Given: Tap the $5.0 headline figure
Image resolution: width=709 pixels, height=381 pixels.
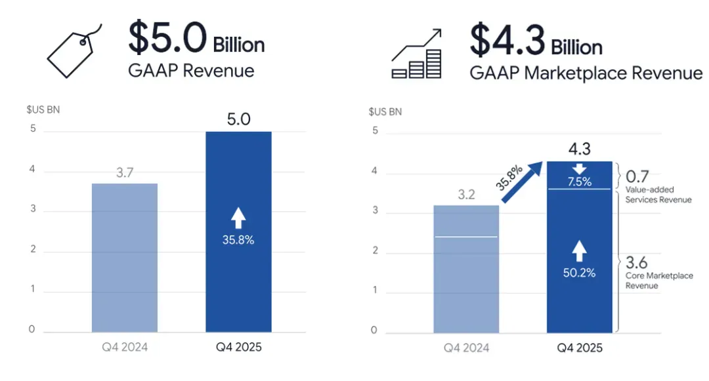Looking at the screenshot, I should pyautogui.click(x=168, y=38).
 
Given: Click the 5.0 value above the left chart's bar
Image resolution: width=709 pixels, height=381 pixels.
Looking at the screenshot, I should pyautogui.click(x=238, y=119).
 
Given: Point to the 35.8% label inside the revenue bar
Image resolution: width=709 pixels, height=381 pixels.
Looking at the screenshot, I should pyautogui.click(x=238, y=240).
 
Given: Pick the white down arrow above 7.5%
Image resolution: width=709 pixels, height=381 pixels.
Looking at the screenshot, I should pyautogui.click(x=579, y=169).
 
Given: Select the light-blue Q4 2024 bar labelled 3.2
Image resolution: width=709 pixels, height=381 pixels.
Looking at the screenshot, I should pyautogui.click(x=466, y=268).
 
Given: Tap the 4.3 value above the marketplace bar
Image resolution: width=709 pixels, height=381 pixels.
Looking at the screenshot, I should pyautogui.click(x=579, y=146).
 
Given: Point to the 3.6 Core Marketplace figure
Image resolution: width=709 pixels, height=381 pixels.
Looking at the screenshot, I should pyautogui.click(x=637, y=263).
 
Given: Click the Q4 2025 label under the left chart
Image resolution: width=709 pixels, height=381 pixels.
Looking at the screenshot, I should pyautogui.click(x=238, y=348).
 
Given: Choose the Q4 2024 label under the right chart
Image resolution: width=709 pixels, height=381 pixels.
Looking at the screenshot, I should pyautogui.click(x=466, y=348).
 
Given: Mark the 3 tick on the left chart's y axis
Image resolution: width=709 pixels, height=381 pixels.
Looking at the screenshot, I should pyautogui.click(x=32, y=211).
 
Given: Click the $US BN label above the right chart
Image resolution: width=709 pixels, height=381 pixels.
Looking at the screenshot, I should pyautogui.click(x=384, y=111).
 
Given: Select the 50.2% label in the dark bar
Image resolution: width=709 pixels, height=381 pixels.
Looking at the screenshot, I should pyautogui.click(x=579, y=273).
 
